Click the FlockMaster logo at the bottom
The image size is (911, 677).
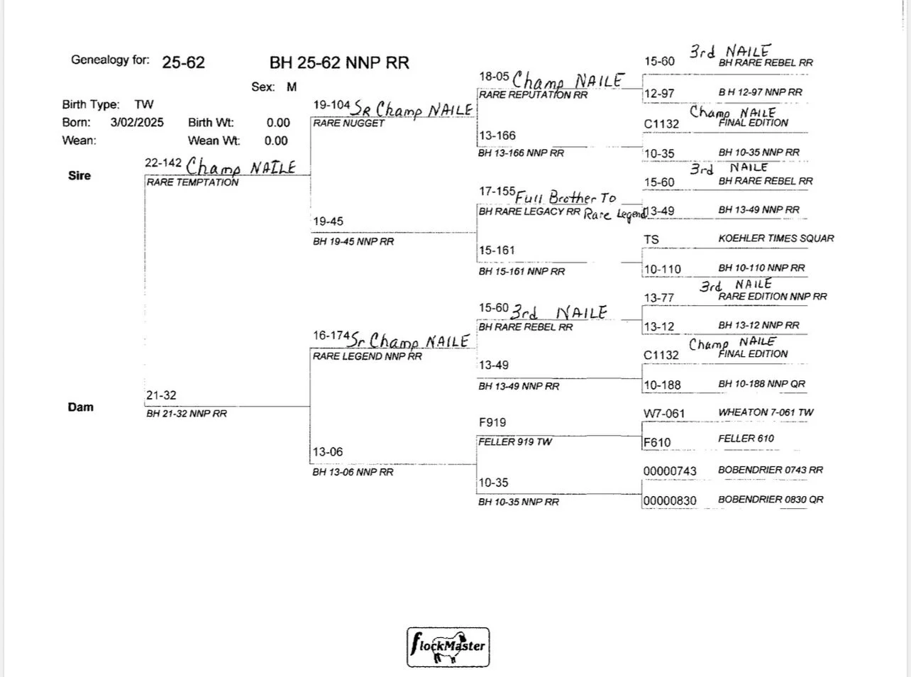(448, 646)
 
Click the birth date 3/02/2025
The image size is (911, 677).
(137, 122)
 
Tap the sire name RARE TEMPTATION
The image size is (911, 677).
(193, 182)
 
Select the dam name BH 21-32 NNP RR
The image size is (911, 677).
(187, 414)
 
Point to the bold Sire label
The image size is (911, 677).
(79, 175)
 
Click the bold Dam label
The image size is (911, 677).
(80, 407)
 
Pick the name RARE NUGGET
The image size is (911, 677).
(349, 123)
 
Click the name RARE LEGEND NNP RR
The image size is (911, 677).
(368, 356)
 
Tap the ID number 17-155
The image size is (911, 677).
(497, 192)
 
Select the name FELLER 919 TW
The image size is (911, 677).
(515, 441)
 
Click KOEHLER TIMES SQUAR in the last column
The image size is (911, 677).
(775, 238)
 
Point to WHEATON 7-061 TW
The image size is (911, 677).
(766, 412)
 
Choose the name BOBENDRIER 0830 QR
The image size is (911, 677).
(771, 500)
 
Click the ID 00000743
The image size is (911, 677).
(670, 471)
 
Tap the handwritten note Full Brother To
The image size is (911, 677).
(566, 198)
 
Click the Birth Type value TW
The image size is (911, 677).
(144, 104)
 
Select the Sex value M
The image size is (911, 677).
(292, 87)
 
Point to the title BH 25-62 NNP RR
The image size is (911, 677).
(339, 62)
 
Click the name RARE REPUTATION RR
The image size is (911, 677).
(534, 94)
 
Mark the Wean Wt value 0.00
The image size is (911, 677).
(276, 141)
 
